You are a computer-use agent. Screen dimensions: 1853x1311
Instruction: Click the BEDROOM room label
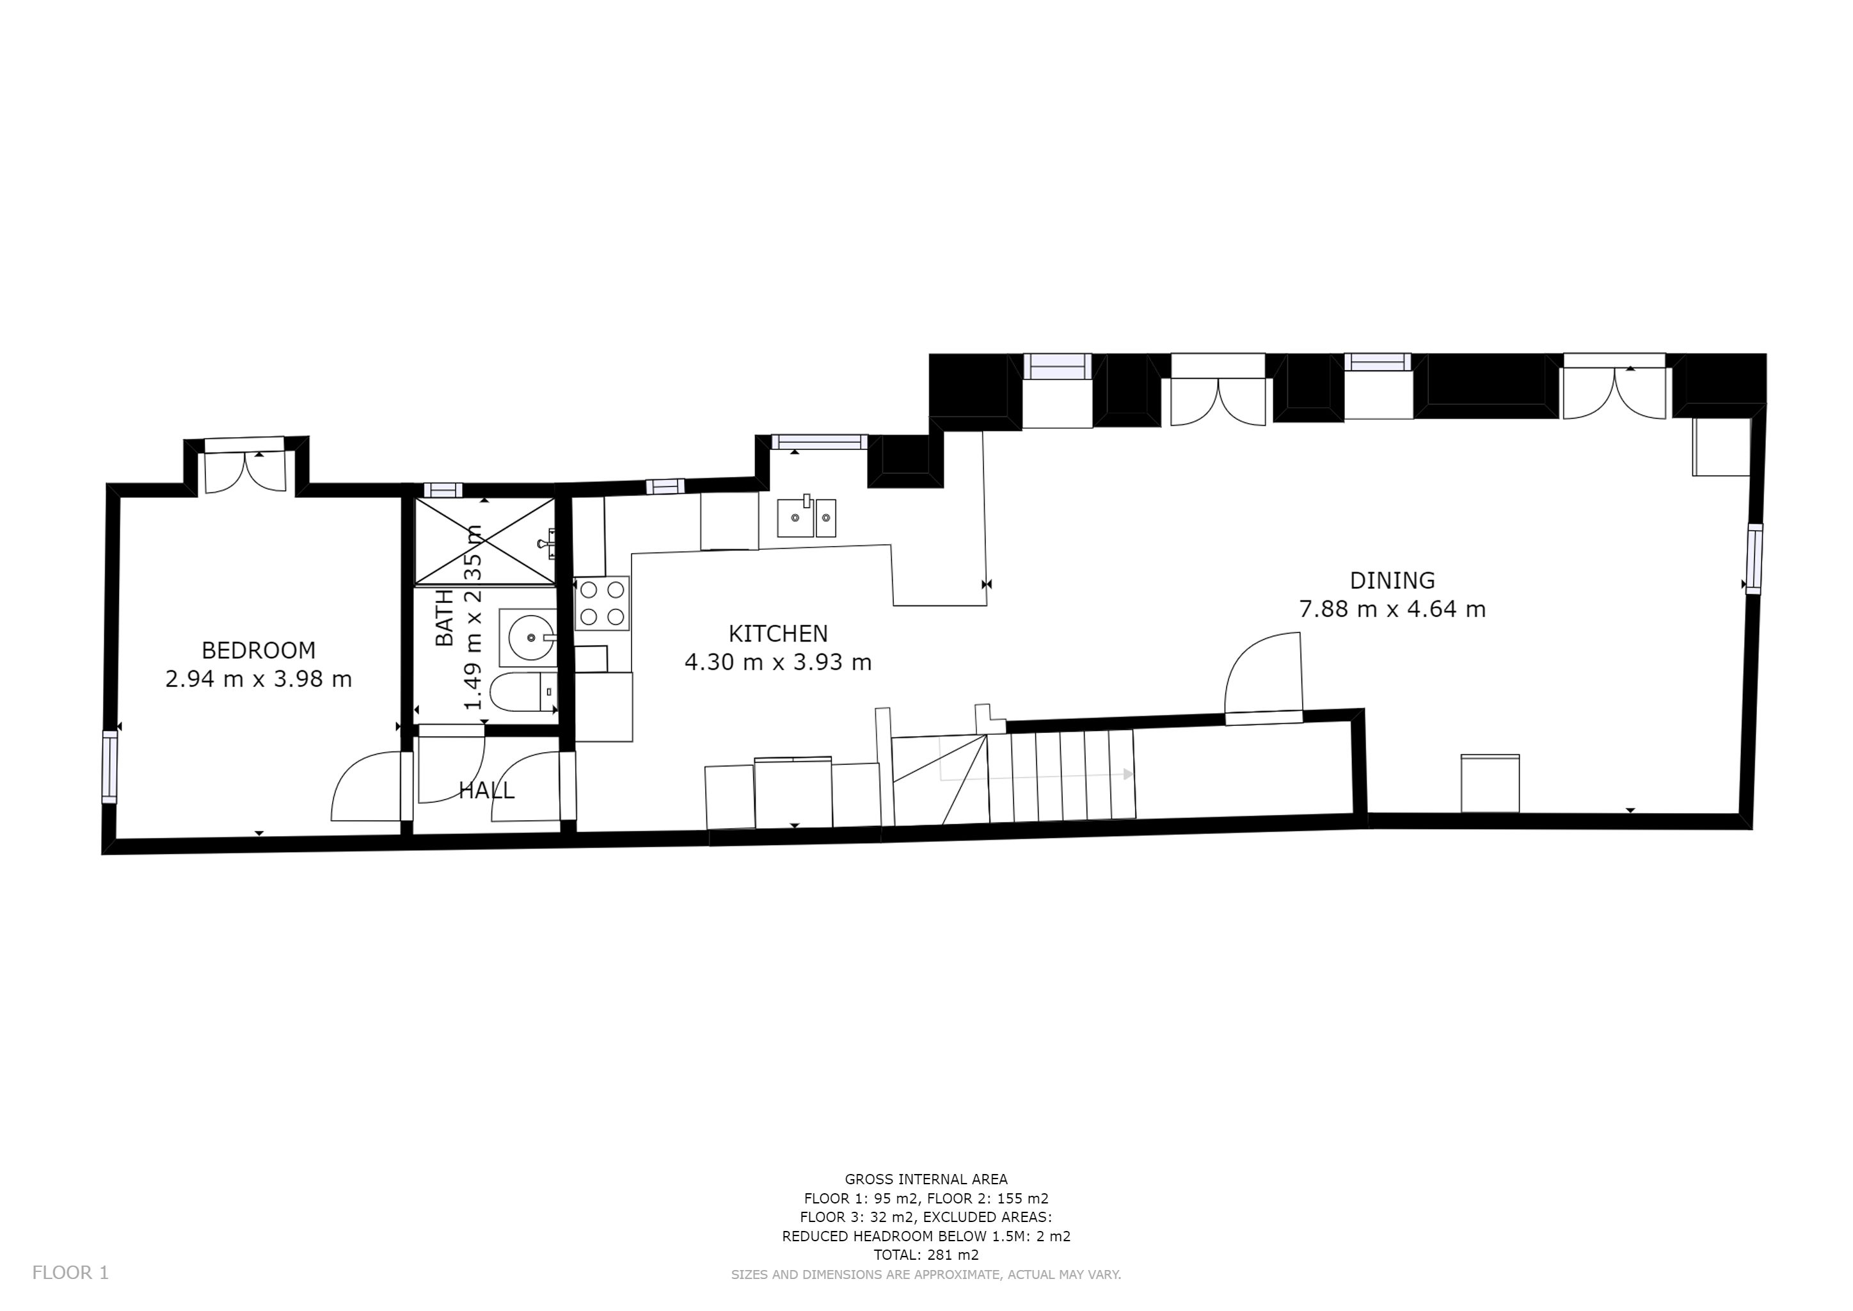[258, 650]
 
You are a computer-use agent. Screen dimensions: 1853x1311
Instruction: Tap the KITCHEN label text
[778, 634]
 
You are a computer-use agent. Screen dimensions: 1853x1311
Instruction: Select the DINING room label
[1392, 581]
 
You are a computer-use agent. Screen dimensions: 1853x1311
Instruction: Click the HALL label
[487, 791]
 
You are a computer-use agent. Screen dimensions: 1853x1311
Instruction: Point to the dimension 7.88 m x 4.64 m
[1392, 609]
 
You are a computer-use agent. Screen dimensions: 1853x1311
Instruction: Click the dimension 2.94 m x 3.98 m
[258, 679]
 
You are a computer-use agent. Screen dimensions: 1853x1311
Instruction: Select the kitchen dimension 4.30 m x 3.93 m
[778, 662]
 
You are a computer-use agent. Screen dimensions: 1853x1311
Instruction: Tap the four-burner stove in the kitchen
[602, 602]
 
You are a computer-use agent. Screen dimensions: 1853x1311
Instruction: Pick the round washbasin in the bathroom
[529, 638]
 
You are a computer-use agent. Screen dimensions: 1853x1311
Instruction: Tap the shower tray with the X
[484, 540]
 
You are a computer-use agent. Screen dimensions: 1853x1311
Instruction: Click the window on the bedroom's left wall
[109, 767]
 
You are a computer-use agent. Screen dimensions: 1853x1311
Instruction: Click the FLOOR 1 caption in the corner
[70, 1273]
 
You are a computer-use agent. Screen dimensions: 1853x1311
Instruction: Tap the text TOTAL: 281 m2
[926, 1255]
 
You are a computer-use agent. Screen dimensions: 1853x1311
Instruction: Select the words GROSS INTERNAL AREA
[926, 1179]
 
